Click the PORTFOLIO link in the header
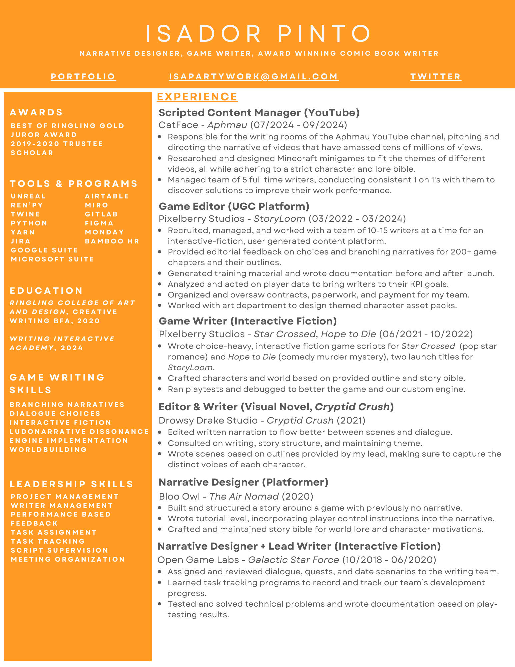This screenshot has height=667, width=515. pyautogui.click(x=83, y=77)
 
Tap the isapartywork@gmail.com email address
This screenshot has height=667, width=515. pyautogui.click(x=254, y=77)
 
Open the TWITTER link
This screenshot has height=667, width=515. pyautogui.click(x=436, y=77)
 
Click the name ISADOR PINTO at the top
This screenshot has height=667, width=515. pyautogui.click(x=258, y=34)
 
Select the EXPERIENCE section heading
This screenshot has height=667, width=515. pyautogui.click(x=197, y=97)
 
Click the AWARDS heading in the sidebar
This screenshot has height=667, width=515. pyautogui.click(x=36, y=112)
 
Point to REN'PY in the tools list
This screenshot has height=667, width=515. pyautogui.click(x=27, y=205)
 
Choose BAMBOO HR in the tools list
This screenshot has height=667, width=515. pyautogui.click(x=112, y=241)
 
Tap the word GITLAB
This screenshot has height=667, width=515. pyautogui.click(x=101, y=214)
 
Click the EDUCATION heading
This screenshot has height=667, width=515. pyautogui.click(x=46, y=291)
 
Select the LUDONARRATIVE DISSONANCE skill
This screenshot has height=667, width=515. pyautogui.click(x=79, y=432)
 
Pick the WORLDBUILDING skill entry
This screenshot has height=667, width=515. pyautogui.click(x=48, y=450)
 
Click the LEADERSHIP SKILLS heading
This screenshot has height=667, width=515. pyautogui.click(x=72, y=484)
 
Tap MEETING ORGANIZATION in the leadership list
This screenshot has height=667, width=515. pyautogui.click(x=68, y=559)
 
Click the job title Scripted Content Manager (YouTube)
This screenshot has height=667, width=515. pyautogui.click(x=259, y=113)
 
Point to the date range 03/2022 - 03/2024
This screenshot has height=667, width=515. pyautogui.click(x=357, y=219)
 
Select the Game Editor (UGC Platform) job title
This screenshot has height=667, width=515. pyautogui.click(x=234, y=206)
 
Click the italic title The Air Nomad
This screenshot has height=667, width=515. pyautogui.click(x=244, y=497)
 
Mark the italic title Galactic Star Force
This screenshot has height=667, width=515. pyautogui.click(x=293, y=560)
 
